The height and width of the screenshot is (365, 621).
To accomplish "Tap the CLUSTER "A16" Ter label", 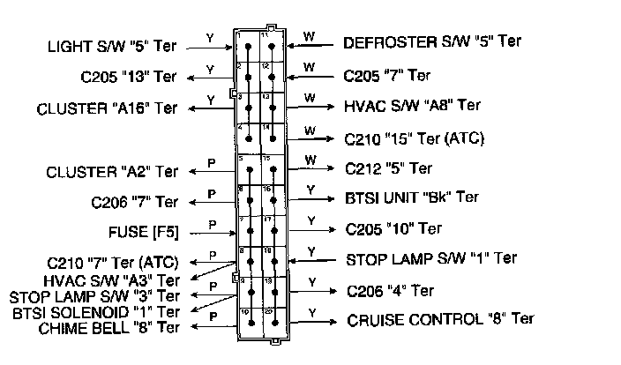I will pyautogui.click(x=107, y=109).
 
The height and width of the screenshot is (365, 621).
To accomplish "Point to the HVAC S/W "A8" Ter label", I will pyautogui.click(x=413, y=105).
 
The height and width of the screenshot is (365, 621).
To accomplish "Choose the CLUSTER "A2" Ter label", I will pyautogui.click(x=112, y=171).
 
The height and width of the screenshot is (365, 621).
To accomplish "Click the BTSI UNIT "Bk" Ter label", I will pyautogui.click(x=413, y=197).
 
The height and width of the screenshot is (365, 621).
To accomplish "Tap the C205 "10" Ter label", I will pyautogui.click(x=394, y=228).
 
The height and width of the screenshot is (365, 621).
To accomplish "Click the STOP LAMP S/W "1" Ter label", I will pyautogui.click(x=443, y=259).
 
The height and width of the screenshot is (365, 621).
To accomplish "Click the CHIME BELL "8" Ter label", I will pyautogui.click(x=109, y=328).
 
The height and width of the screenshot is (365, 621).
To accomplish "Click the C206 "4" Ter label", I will pyautogui.click(x=390, y=290).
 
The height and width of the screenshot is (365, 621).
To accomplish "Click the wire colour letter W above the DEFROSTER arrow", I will pyautogui.click(x=309, y=35).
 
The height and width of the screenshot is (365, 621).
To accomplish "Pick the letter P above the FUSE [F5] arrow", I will pyautogui.click(x=212, y=225).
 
